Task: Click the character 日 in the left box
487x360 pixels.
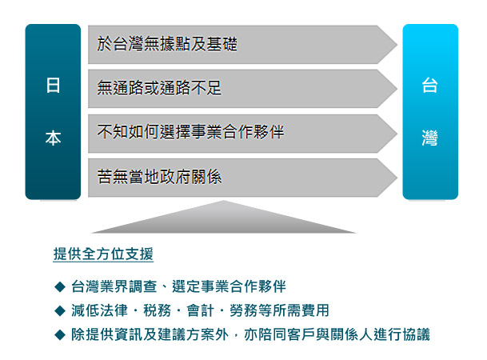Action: pyautogui.click(x=53, y=86)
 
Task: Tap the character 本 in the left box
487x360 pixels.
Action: pyautogui.click(x=53, y=138)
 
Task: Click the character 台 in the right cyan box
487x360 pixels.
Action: pyautogui.click(x=430, y=85)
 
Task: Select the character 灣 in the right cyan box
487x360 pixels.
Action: pyautogui.click(x=430, y=138)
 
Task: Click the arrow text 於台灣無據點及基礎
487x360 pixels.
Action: pyautogui.click(x=167, y=44)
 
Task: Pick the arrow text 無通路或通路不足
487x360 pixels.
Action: pyautogui.click(x=159, y=87)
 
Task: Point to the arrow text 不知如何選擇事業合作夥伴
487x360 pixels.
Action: pyautogui.click(x=190, y=132)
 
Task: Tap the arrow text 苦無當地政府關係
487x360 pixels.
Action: pyautogui.click(x=159, y=177)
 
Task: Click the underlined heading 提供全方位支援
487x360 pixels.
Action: pyautogui.click(x=103, y=254)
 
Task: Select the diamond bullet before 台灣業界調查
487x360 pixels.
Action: pyautogui.click(x=60, y=286)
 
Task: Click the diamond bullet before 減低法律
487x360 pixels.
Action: pyautogui.click(x=60, y=310)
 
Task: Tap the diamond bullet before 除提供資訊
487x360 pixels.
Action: pyautogui.click(x=60, y=335)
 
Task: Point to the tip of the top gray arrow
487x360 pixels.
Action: pyautogui.click(x=397, y=45)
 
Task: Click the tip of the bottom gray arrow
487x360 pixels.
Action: pyautogui.click(x=397, y=178)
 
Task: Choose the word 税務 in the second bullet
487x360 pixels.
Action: pyautogui.click(x=158, y=310)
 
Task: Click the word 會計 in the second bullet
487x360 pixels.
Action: pyautogui.click(x=201, y=310)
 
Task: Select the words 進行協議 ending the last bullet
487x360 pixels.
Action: pyautogui.click(x=401, y=335)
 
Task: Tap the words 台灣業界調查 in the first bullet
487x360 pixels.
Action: pyautogui.click(x=114, y=286)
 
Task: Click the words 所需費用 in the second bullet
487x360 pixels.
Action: pyautogui.click(x=301, y=310)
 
